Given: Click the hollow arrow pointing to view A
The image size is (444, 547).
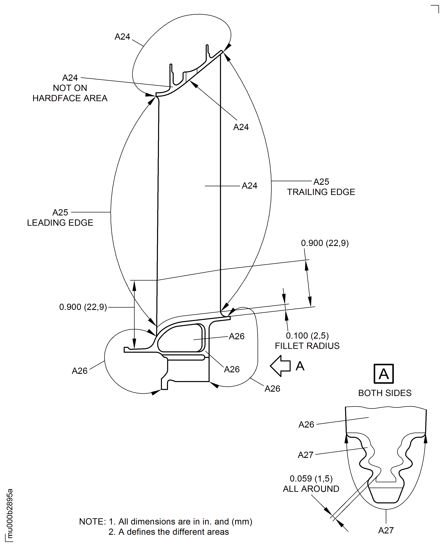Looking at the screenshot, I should (280, 366).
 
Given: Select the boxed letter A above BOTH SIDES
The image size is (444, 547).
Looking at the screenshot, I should (383, 374).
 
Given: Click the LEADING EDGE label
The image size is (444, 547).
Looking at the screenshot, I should (60, 223).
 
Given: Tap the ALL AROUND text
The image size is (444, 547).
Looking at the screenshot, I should (311, 489).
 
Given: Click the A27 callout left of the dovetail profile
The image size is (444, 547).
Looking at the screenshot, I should (305, 455).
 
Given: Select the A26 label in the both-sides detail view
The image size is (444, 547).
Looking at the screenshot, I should (306, 425).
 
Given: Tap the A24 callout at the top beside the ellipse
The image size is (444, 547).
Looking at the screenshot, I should (122, 37).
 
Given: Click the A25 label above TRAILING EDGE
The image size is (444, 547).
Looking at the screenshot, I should (321, 182).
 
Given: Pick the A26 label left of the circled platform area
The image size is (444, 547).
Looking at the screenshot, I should (80, 371).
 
